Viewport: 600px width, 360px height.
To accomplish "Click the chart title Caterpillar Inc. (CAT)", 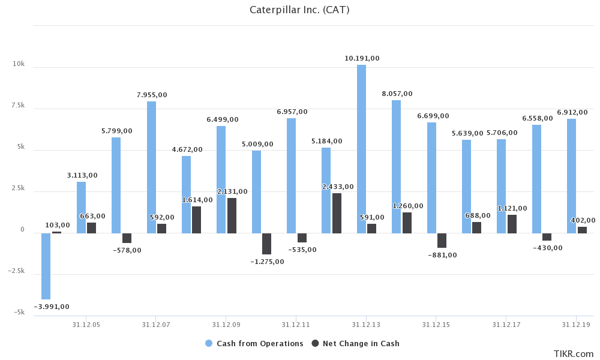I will pyautogui.click(x=299, y=10).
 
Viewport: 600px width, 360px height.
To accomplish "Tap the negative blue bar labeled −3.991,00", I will pyautogui.click(x=46, y=266).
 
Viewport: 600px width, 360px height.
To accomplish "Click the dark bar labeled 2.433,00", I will pyautogui.click(x=337, y=213).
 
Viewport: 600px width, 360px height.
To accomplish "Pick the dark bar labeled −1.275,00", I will pyautogui.click(x=266, y=244).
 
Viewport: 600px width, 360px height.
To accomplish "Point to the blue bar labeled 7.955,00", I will pyautogui.click(x=151, y=167).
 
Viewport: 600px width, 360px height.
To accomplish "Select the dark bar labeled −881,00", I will pyautogui.click(x=442, y=240).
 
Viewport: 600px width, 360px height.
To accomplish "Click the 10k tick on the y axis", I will pyautogui.click(x=19, y=64).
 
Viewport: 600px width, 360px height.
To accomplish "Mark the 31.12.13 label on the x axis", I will pyautogui.click(x=366, y=325).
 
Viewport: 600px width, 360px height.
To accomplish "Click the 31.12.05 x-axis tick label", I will pyautogui.click(x=86, y=325).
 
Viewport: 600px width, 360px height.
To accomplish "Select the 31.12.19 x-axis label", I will pyautogui.click(x=576, y=325).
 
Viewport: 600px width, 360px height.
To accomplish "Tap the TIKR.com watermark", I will pyautogui.click(x=573, y=354).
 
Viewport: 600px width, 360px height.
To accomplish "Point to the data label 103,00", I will pyautogui.click(x=58, y=225).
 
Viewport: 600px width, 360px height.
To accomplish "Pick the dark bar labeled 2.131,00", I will pyautogui.click(x=232, y=215).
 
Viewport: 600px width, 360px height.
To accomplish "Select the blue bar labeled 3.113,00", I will pyautogui.click(x=81, y=207).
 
